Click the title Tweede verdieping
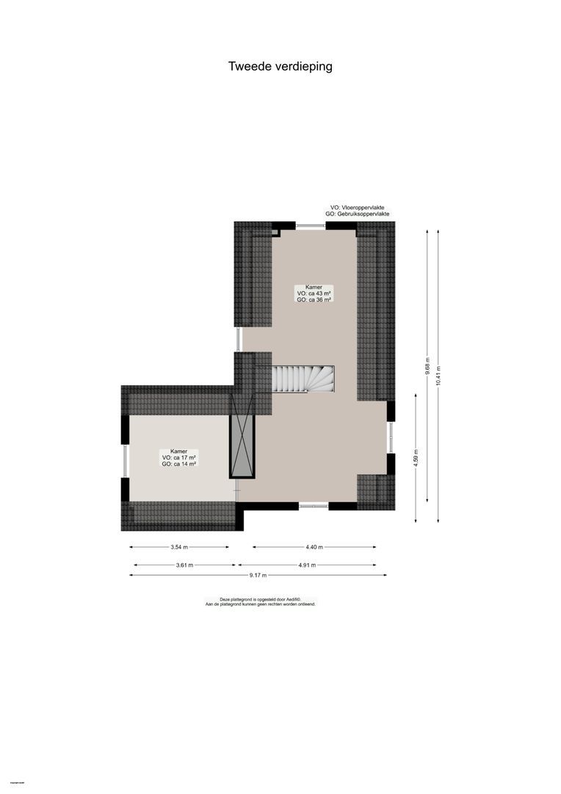(280, 66)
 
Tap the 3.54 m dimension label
(179, 547)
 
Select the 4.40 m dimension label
(314, 547)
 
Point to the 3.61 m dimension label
(184, 565)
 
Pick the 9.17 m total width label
(258, 575)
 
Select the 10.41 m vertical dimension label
(438, 376)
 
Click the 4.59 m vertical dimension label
(416, 458)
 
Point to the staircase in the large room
(303, 379)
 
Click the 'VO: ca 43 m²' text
(314, 293)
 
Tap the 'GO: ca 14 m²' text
(178, 464)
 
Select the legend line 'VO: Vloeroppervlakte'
(358, 208)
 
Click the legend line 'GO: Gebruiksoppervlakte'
(358, 214)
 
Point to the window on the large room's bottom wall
(314, 506)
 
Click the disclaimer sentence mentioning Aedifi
(261, 599)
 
